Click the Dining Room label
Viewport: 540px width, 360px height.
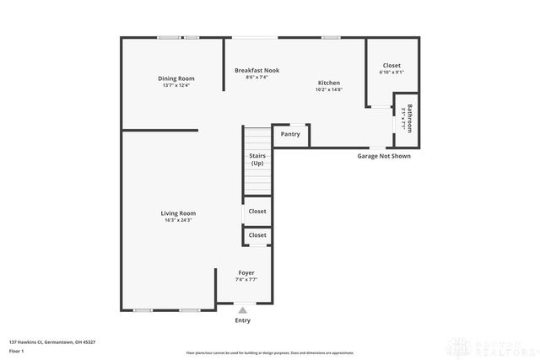[175, 78]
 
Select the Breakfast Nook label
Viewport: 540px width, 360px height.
[256, 70]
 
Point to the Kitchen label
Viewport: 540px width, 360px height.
[328, 83]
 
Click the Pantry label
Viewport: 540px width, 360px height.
[290, 134]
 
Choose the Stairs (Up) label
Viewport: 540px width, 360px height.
[257, 159]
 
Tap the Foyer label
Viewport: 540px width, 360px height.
[246, 272]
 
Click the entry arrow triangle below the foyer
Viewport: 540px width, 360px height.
[243, 310]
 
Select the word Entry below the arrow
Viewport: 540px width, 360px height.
[243, 320]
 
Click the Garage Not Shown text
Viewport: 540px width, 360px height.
[383, 156]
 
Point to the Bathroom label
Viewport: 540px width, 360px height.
[410, 118]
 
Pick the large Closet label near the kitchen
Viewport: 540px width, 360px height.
[391, 65]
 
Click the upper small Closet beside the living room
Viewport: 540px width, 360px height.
[257, 212]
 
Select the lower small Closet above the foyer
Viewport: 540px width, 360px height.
[257, 235]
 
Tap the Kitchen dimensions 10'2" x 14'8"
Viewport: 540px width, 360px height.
[328, 89]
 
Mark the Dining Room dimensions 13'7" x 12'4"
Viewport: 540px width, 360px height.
[175, 85]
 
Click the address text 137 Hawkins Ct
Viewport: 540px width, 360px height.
[51, 342]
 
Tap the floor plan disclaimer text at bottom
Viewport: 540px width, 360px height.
[270, 352]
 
